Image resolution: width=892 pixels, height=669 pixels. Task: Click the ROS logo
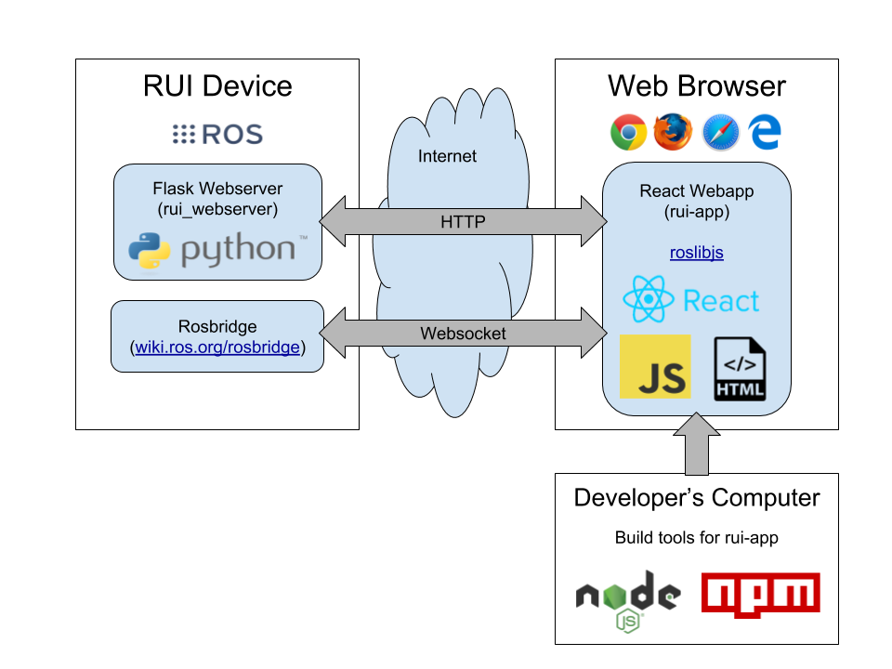coord(218,134)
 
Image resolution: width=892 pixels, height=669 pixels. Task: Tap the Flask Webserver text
coord(217,190)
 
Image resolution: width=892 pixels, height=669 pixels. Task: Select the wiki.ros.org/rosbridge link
coord(217,348)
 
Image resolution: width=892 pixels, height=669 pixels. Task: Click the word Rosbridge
coord(217,327)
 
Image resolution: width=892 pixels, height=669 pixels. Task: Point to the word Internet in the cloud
coord(447,156)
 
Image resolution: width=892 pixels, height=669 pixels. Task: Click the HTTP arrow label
coord(463,222)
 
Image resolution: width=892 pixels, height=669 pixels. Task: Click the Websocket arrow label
coord(463,334)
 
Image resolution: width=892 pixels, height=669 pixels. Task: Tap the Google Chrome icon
coord(628,132)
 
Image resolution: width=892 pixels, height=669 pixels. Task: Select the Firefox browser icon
coord(673,132)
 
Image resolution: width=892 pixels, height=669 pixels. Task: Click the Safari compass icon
coord(720,132)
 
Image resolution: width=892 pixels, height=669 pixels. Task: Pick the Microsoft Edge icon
coord(766,132)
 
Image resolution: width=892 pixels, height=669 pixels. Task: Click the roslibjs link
coord(696,253)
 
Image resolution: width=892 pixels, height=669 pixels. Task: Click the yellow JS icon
coord(655,366)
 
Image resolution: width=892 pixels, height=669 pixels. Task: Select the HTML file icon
coord(740,369)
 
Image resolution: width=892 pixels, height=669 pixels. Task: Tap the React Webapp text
coord(696,191)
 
